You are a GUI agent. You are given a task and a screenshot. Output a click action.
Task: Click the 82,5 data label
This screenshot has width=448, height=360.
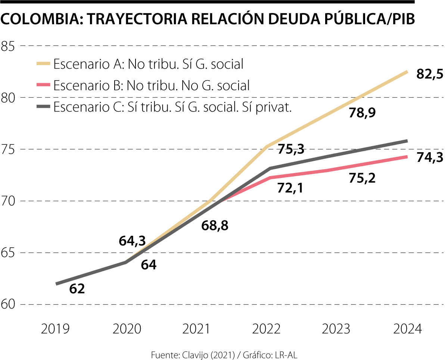tap(430, 74)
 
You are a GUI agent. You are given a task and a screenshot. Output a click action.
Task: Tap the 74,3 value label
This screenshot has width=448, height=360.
tap(430, 157)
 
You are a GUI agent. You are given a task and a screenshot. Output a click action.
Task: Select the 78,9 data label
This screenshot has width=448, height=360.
tap(362, 112)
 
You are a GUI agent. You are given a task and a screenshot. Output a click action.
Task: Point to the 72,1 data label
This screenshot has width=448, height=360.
tap(290, 188)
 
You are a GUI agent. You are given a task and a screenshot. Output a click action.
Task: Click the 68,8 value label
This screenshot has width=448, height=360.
tap(215, 225)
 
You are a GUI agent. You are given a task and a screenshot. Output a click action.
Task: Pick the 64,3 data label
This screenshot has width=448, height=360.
tap(132, 241)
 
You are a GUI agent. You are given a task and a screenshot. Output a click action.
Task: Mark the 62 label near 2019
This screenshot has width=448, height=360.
tap(77, 288)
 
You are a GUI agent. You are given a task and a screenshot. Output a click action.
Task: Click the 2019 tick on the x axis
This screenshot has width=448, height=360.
tap(55, 329)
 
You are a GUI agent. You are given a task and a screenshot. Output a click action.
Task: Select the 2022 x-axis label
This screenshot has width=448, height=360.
tap(266, 329)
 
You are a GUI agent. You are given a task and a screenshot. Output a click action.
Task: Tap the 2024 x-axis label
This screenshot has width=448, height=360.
tap(407, 329)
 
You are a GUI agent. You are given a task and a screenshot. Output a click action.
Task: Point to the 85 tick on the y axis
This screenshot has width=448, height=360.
tap(8, 46)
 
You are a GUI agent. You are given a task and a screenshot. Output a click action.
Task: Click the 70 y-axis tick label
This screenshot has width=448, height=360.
tap(8, 201)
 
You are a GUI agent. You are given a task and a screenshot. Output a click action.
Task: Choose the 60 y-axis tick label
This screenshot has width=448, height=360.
tap(8, 304)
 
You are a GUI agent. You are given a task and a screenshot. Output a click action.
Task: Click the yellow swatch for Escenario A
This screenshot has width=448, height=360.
tap(43, 64)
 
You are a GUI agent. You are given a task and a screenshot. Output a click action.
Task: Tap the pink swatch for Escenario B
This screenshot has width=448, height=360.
tap(43, 85)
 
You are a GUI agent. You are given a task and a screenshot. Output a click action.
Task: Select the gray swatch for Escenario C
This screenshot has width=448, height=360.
tap(43, 107)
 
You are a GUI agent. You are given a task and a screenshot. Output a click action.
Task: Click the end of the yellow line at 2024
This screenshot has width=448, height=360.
tap(407, 72)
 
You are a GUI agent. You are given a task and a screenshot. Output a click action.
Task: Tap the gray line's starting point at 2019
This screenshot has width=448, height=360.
tap(57, 284)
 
